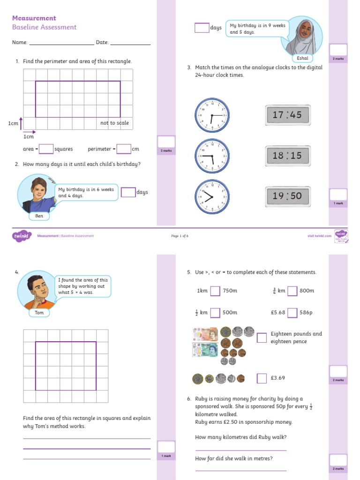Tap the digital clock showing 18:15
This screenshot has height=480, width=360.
click(x=287, y=156)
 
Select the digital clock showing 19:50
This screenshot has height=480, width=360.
click(x=287, y=196)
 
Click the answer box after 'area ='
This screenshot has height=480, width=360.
click(x=46, y=149)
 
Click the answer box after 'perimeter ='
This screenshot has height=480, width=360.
click(x=124, y=149)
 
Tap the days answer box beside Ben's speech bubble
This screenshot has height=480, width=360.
click(x=128, y=192)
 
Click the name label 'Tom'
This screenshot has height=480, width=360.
click(x=39, y=312)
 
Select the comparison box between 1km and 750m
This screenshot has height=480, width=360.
click(x=215, y=291)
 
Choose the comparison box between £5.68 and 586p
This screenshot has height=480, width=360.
click(x=292, y=313)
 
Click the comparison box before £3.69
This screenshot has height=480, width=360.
click(x=262, y=378)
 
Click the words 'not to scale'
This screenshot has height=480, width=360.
click(x=114, y=123)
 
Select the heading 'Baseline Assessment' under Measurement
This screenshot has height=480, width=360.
click(x=44, y=27)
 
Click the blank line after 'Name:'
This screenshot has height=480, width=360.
click(x=61, y=43)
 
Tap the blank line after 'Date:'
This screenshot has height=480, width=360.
click(x=131, y=43)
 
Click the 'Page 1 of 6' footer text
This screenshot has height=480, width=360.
click(x=180, y=236)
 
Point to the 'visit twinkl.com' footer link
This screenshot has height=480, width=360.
click(x=319, y=236)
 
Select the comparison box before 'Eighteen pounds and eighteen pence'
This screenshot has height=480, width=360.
click(x=262, y=337)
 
